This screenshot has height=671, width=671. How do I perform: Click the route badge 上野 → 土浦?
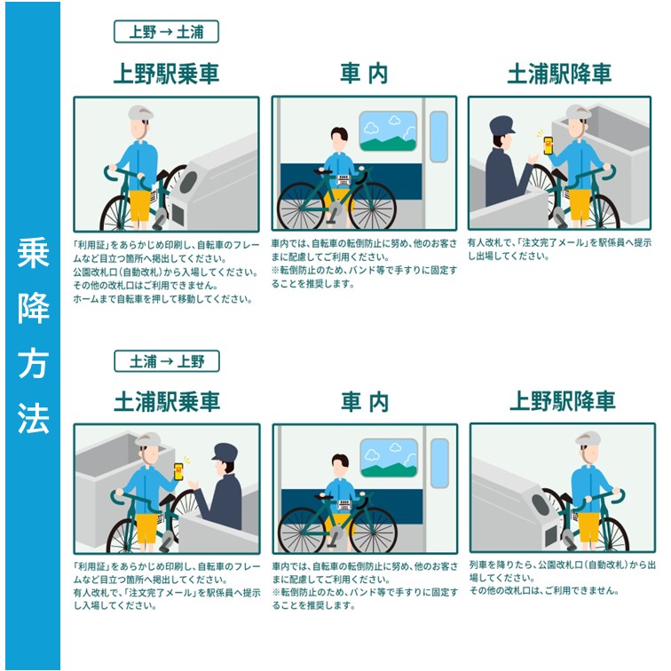[x=166, y=32]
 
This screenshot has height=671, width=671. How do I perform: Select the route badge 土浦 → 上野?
[x=167, y=361]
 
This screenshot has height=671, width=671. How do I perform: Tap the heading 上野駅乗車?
[x=166, y=74]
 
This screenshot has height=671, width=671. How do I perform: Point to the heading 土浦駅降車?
[x=559, y=74]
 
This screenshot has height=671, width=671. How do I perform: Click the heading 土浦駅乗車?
[x=167, y=402]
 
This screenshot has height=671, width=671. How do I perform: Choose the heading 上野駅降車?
[x=563, y=401]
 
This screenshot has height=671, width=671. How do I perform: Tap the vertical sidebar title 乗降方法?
[x=33, y=335]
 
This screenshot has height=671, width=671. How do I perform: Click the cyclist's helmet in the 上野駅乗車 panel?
[x=140, y=114]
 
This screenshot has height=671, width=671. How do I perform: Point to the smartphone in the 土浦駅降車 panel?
[x=548, y=146]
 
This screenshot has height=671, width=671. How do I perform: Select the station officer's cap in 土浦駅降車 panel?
[x=501, y=125]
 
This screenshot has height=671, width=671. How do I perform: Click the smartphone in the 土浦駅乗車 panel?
[x=178, y=471]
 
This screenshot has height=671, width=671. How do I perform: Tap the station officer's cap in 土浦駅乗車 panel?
[x=225, y=453]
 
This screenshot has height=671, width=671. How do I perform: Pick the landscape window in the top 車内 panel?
[x=388, y=131]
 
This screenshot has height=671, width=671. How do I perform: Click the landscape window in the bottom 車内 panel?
[x=389, y=458]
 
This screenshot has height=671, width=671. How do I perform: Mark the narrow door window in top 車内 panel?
[x=438, y=137]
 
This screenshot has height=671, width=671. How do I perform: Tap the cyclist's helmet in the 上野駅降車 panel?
[x=588, y=439]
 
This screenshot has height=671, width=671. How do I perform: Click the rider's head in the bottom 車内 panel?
[x=340, y=466]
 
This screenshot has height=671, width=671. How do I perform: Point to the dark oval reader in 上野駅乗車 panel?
[x=188, y=182]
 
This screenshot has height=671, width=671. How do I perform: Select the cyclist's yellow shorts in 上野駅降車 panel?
[x=588, y=527]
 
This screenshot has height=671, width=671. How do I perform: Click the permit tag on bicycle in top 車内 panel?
[x=343, y=180]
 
